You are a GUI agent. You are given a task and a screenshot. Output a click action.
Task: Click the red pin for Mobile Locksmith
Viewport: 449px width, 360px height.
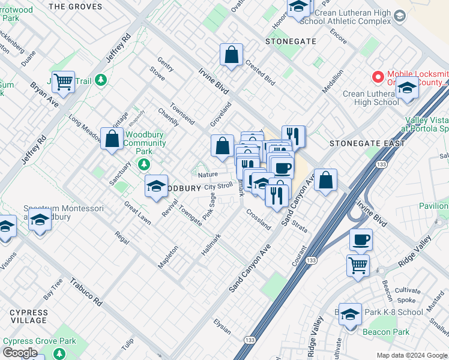378,77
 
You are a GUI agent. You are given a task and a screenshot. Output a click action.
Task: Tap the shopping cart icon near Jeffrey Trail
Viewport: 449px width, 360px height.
63,82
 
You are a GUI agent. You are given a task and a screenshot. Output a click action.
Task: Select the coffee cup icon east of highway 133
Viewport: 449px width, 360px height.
361,240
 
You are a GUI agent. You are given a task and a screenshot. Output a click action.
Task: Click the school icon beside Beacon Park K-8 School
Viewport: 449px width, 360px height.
350,314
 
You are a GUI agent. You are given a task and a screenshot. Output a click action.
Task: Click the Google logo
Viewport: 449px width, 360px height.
20,353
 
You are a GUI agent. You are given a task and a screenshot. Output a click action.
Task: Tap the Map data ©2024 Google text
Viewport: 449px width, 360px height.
411,355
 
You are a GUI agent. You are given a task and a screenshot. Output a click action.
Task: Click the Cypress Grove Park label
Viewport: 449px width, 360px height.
40,341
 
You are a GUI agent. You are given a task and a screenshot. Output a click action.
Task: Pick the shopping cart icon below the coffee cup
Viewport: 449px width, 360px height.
358,265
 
